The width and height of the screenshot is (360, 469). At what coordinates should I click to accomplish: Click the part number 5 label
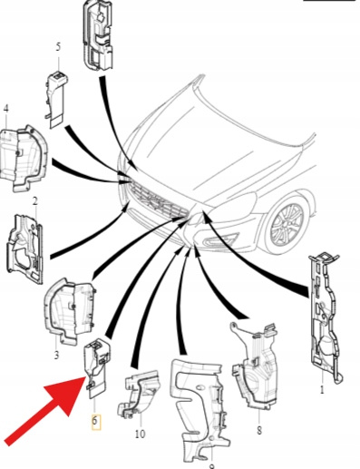point(58,47)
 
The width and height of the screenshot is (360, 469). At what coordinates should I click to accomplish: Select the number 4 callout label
point(5,110)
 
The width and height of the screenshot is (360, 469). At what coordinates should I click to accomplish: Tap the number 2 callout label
point(35,201)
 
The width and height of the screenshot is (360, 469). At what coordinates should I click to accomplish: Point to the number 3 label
point(56,355)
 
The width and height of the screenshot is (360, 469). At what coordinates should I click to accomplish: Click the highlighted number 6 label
point(95,421)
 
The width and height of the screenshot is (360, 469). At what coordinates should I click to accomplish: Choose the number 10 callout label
point(140,435)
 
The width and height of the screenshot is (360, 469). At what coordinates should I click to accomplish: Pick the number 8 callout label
point(259,430)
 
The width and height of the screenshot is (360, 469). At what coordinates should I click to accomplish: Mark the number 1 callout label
point(322,390)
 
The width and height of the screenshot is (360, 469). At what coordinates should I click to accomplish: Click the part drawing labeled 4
point(24,159)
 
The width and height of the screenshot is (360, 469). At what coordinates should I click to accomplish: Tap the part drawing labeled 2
point(24,248)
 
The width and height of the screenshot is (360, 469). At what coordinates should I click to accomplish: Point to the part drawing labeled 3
point(69,311)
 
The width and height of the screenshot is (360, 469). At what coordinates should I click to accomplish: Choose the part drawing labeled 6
point(97,367)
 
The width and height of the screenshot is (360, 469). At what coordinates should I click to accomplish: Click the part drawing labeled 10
point(139,393)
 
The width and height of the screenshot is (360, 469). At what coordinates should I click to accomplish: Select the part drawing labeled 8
point(254,366)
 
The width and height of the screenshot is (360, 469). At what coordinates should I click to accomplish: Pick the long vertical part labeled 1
point(325,316)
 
